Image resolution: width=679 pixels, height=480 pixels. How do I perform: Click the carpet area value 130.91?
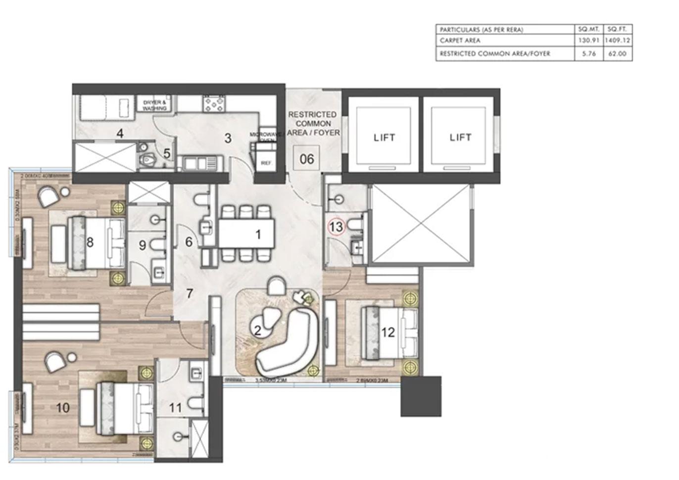tap(588, 41)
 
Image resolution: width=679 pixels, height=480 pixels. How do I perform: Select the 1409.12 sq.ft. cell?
tap(617, 41)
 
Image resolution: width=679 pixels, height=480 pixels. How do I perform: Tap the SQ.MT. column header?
tap(588, 29)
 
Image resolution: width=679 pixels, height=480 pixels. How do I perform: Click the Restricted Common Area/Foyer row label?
tap(494, 53)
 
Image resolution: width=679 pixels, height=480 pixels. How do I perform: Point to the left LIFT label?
tap(384, 138)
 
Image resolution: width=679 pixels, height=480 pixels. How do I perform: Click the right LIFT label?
tap(460, 138)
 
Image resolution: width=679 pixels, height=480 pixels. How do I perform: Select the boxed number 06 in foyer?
tap(306, 159)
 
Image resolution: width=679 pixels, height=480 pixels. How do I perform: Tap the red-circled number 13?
tap(336, 227)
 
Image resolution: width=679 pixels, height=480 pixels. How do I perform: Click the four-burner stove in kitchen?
tap(214, 104)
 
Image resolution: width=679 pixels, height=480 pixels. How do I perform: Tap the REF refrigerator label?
tap(266, 163)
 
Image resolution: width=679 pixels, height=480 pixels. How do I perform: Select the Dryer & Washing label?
tap(155, 105)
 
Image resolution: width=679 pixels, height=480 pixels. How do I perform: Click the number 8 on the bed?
tap(90, 242)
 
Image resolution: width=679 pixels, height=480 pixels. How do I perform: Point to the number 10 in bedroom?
tap(63, 408)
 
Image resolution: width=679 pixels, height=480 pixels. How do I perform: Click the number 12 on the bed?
tap(388, 333)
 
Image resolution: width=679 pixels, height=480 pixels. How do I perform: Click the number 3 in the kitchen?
tap(228, 138)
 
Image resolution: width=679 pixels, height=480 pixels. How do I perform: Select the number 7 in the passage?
tap(190, 293)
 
